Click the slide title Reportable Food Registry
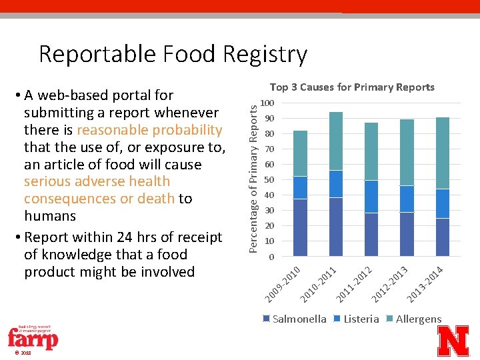(173, 54)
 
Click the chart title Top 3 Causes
(351, 87)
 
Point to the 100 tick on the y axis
(267, 103)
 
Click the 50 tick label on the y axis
(268, 180)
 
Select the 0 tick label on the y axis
(270, 257)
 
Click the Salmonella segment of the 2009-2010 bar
(300, 227)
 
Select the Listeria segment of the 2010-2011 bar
(335, 184)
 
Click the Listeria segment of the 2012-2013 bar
(406, 199)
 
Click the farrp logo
(33, 339)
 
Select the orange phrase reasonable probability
(149, 130)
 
